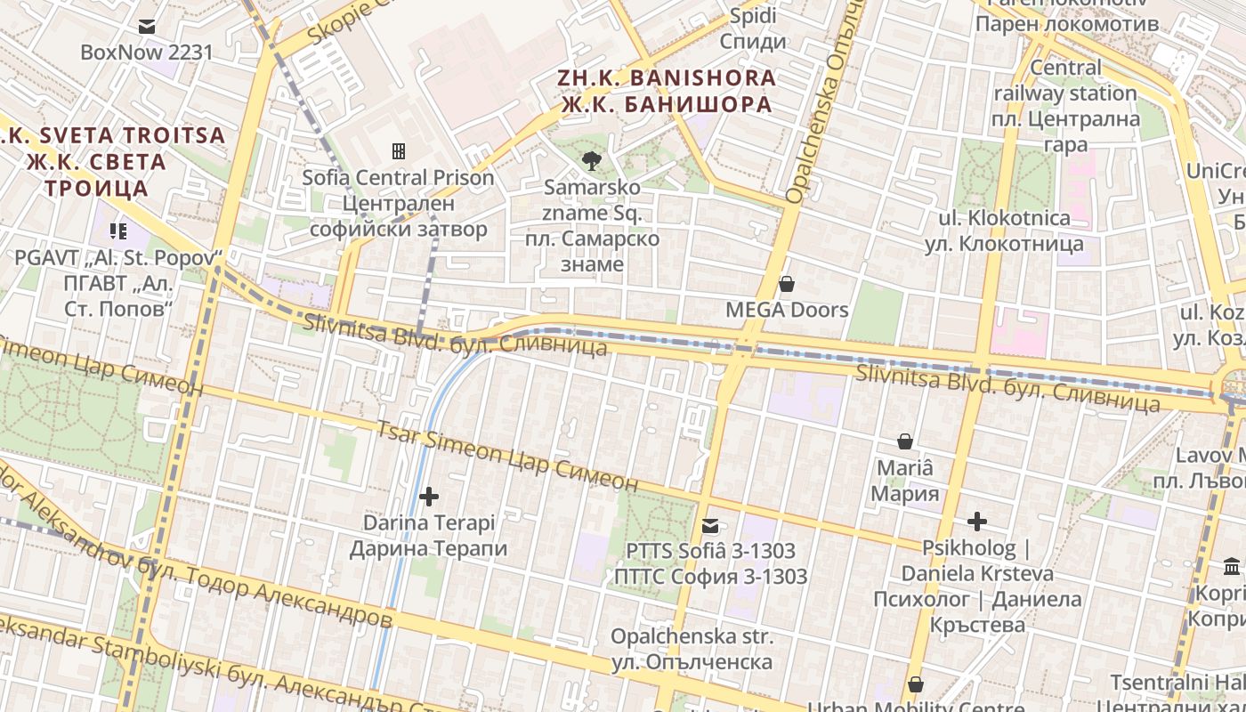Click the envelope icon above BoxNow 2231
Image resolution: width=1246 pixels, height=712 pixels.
147,27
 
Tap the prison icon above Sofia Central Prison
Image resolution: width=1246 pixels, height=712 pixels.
398,151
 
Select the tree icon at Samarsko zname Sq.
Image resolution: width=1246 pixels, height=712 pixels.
590,161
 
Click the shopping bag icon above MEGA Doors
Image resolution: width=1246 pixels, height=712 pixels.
786,284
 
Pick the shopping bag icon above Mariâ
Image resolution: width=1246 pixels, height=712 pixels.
905,441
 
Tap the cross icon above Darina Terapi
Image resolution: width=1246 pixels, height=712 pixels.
429,496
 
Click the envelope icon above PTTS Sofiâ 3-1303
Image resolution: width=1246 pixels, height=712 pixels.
710,526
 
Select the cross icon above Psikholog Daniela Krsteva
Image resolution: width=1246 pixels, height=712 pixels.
977,521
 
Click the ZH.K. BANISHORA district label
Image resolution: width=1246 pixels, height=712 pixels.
667,77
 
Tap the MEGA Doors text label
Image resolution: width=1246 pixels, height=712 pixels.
787,310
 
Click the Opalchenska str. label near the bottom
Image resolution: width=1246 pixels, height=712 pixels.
692,637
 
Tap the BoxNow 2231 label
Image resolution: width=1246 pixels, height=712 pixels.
147,52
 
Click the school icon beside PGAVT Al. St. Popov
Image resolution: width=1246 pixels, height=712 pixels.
118,232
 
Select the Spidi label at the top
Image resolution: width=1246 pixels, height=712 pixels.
753,16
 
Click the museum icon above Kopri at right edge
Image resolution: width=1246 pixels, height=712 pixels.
1233,567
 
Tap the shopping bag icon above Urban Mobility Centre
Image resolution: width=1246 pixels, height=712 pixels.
915,684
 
